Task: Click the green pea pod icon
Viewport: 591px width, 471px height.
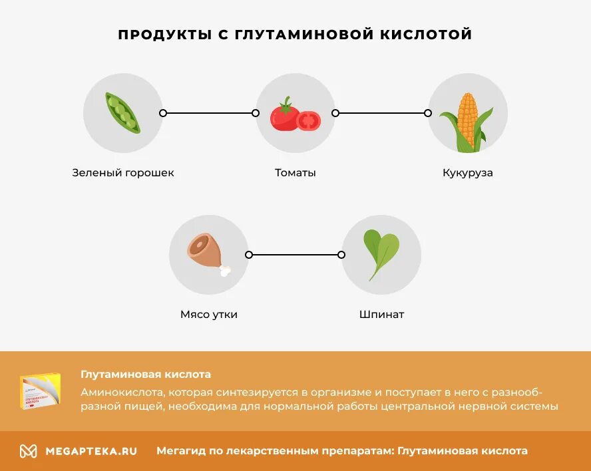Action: (122, 113)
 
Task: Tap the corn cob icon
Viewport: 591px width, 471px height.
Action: (467, 122)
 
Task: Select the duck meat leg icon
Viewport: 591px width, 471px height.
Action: (207, 253)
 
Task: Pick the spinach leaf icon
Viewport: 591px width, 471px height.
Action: (380, 254)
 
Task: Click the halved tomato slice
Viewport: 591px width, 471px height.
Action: (308, 120)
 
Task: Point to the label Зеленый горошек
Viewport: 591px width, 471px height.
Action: (123, 173)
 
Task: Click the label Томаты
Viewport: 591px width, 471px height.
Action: (295, 173)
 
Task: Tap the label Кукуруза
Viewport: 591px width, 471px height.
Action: (468, 173)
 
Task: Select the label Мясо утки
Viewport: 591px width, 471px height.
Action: (209, 315)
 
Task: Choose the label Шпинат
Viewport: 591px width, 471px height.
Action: (382, 315)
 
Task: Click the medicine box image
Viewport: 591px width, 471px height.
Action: (40, 391)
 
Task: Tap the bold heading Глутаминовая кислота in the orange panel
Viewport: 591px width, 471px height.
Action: (146, 375)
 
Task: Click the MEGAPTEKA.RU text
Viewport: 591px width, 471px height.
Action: (91, 451)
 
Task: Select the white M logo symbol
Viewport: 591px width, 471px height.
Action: (28, 451)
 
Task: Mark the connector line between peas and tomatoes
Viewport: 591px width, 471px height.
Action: (209, 113)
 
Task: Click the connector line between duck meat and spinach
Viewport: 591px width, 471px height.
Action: (295, 255)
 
